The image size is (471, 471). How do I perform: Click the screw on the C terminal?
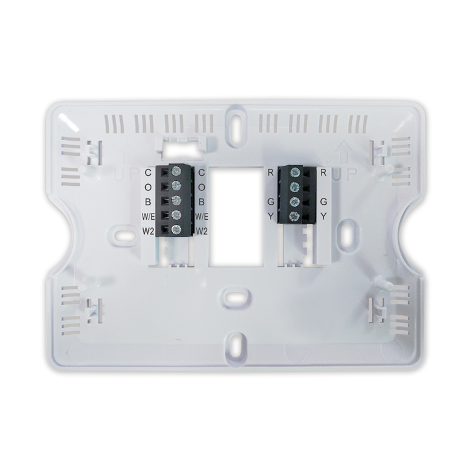point(176,171)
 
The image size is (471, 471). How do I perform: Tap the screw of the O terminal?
point(176,187)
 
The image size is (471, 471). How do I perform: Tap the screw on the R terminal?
point(294,171)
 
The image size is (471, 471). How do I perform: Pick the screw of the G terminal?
point(294,202)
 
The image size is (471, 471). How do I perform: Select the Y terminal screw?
point(294,217)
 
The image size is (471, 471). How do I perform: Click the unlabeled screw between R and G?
point(294,187)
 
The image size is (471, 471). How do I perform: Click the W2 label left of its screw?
point(148,232)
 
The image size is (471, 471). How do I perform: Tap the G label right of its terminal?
point(323,202)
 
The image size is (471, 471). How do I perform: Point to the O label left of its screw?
point(148,187)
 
